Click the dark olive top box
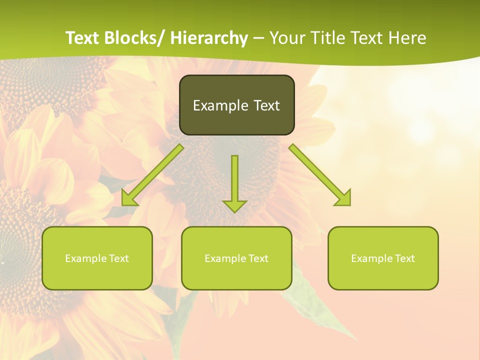tap(236, 105)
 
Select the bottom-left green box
tap(97, 258)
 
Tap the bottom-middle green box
tap(236, 258)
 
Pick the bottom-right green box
tap(383, 258)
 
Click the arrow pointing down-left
tap(152, 175)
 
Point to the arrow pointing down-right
tap(320, 175)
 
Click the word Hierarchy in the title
tap(209, 38)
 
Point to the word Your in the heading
tap(287, 38)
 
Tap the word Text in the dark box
tap(266, 105)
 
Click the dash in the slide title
tap(258, 38)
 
